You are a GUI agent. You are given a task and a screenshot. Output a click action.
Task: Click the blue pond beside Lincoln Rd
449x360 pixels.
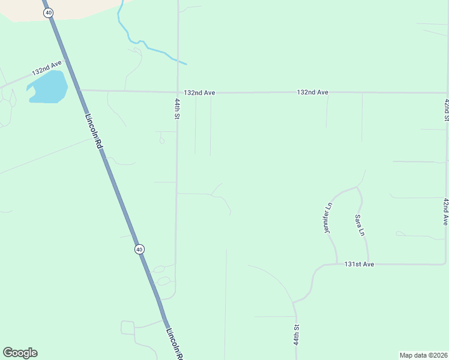pyautogui.click(x=47, y=87)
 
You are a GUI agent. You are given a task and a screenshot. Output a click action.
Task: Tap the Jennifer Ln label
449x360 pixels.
pyautogui.click(x=328, y=218)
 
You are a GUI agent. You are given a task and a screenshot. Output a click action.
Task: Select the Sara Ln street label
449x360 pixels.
pyautogui.click(x=359, y=224)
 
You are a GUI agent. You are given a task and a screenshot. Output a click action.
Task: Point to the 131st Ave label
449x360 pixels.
pyautogui.click(x=359, y=264)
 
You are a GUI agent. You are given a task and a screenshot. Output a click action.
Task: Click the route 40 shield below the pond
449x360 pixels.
pyautogui.click(x=139, y=249)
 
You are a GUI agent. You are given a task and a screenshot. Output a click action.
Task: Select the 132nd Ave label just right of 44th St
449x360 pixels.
pyautogui.click(x=199, y=93)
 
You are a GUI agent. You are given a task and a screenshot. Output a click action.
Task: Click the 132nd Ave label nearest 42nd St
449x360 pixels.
pyautogui.click(x=312, y=92)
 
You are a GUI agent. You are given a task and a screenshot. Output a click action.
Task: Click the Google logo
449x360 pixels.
pyautogui.click(x=20, y=353)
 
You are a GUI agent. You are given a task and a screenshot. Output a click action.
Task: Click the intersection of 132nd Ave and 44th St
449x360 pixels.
pyautogui.click(x=178, y=92)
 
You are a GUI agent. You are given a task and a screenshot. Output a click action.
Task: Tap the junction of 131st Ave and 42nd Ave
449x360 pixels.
pyautogui.click(x=445, y=264)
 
